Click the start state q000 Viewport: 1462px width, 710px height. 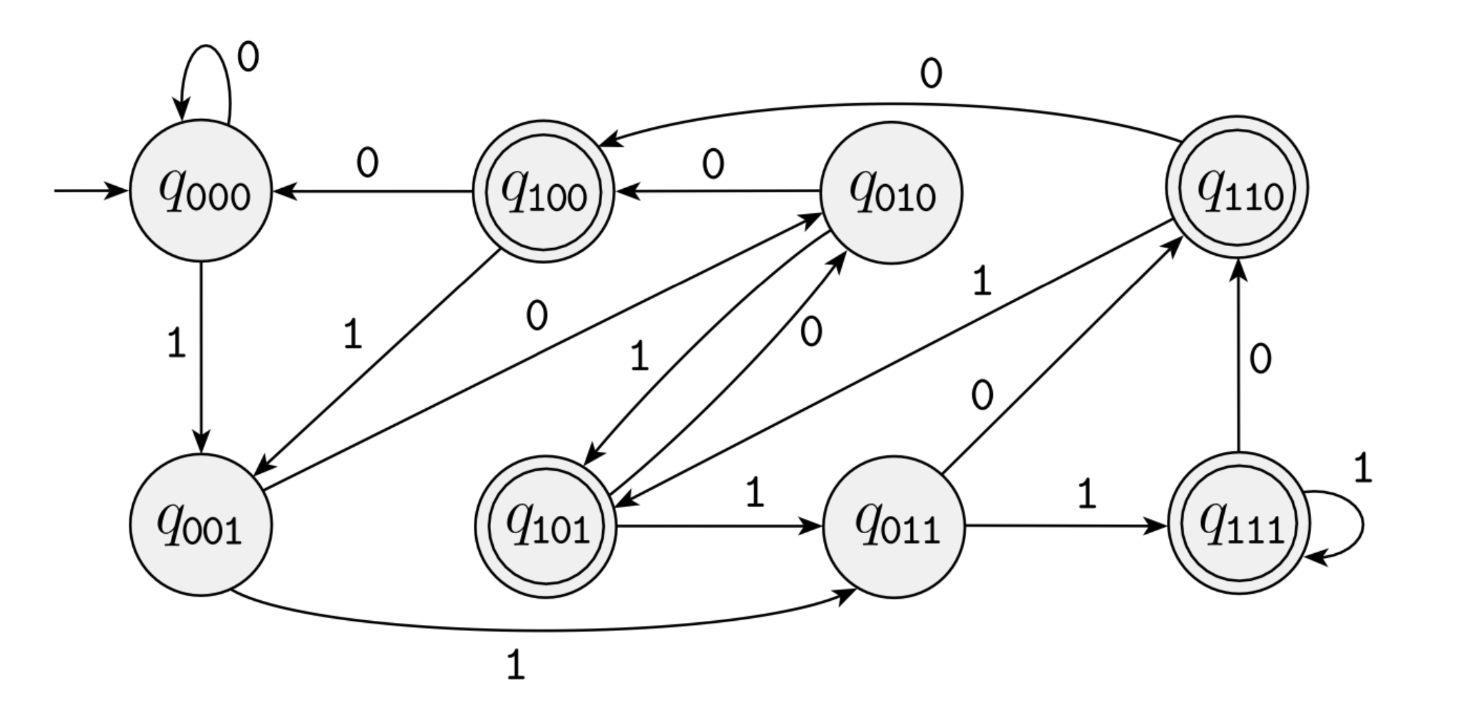[201, 191]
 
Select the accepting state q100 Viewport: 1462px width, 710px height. [543, 191]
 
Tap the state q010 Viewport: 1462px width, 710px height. [892, 193]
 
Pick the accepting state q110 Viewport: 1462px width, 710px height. [1237, 188]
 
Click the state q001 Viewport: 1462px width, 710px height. [201, 525]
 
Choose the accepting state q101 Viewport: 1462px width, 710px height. [546, 527]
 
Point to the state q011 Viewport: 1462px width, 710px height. [894, 527]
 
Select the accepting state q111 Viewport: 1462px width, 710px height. [1239, 524]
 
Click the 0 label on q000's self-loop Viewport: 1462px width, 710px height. [248, 59]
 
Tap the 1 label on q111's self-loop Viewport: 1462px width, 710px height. [1362, 469]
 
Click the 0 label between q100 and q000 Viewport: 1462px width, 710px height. [367, 163]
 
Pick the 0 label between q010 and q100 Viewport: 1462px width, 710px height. [713, 164]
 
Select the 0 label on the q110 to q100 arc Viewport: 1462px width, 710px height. [931, 74]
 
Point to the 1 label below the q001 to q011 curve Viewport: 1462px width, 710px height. [516, 665]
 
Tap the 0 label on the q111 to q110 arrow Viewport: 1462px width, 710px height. [1260, 360]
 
